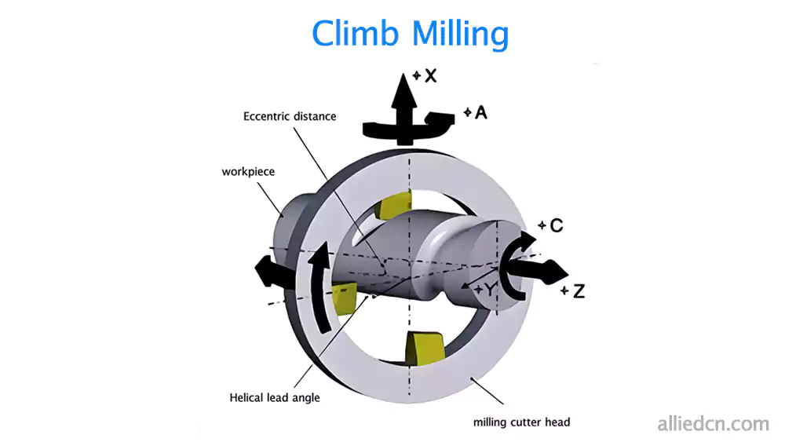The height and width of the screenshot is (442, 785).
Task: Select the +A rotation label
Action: click(x=476, y=113)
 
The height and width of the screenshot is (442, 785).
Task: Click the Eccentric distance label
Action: click(x=290, y=117)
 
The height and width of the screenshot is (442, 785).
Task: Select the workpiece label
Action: click(x=248, y=170)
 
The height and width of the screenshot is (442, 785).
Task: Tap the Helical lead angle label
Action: click(x=275, y=397)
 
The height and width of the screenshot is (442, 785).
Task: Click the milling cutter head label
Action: click(x=521, y=422)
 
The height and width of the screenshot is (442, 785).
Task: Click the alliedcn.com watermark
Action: click(x=712, y=424)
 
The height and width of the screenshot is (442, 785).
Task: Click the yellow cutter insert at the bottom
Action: click(x=422, y=349)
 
